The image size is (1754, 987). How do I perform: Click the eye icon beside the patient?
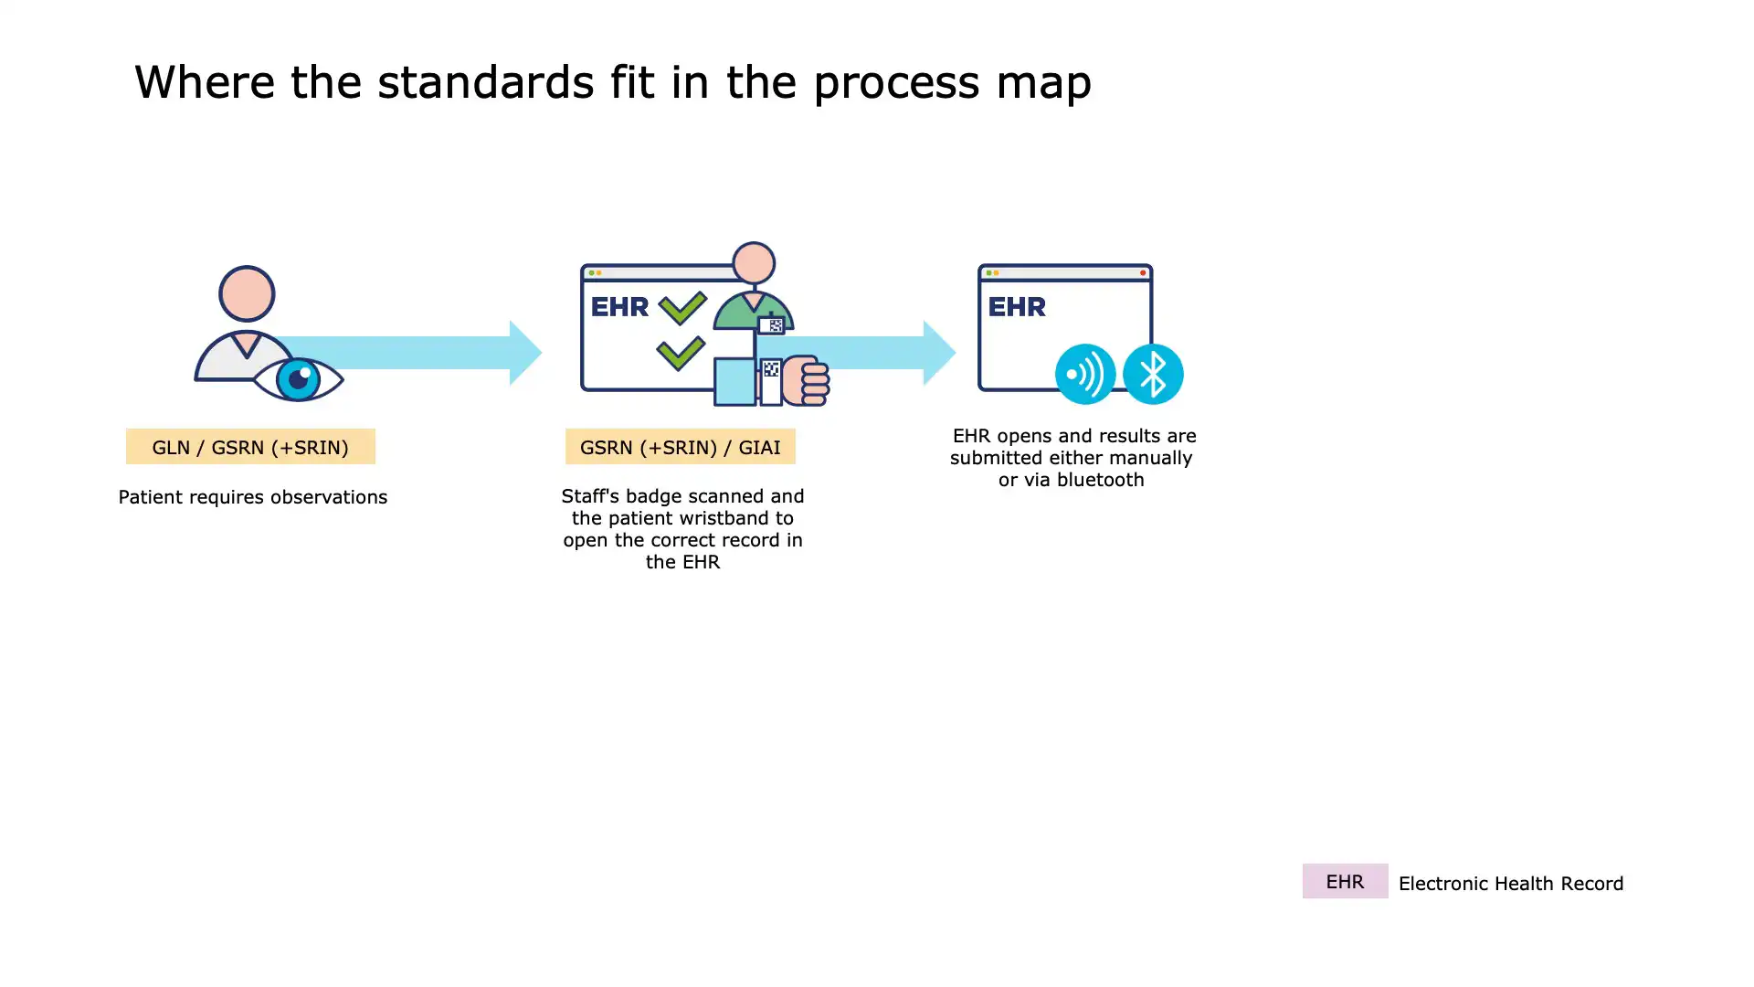(x=298, y=378)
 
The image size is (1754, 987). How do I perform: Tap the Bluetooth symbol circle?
(x=1153, y=374)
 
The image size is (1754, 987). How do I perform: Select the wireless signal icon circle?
(x=1085, y=374)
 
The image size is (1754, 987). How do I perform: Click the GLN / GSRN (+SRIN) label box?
(x=250, y=447)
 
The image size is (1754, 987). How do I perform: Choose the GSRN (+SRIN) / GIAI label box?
(x=680, y=447)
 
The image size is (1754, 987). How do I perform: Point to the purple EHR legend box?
(x=1345, y=881)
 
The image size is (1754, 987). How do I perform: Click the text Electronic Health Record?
(x=1511, y=884)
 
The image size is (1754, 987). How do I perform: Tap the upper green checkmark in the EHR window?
(x=682, y=307)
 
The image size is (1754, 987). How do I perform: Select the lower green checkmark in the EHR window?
(x=681, y=353)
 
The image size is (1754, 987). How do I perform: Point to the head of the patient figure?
(x=247, y=293)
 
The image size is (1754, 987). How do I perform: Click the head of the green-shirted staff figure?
(x=755, y=263)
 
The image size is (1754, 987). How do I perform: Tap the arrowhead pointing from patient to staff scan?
(x=525, y=353)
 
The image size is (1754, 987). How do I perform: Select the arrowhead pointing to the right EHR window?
(x=939, y=353)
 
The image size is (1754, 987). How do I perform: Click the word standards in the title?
(x=486, y=82)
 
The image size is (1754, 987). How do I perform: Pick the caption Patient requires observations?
(x=253, y=497)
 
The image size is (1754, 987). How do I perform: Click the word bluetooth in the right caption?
(x=1100, y=480)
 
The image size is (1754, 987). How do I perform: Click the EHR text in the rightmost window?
(x=1017, y=307)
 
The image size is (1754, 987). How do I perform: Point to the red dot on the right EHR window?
(x=1143, y=272)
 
